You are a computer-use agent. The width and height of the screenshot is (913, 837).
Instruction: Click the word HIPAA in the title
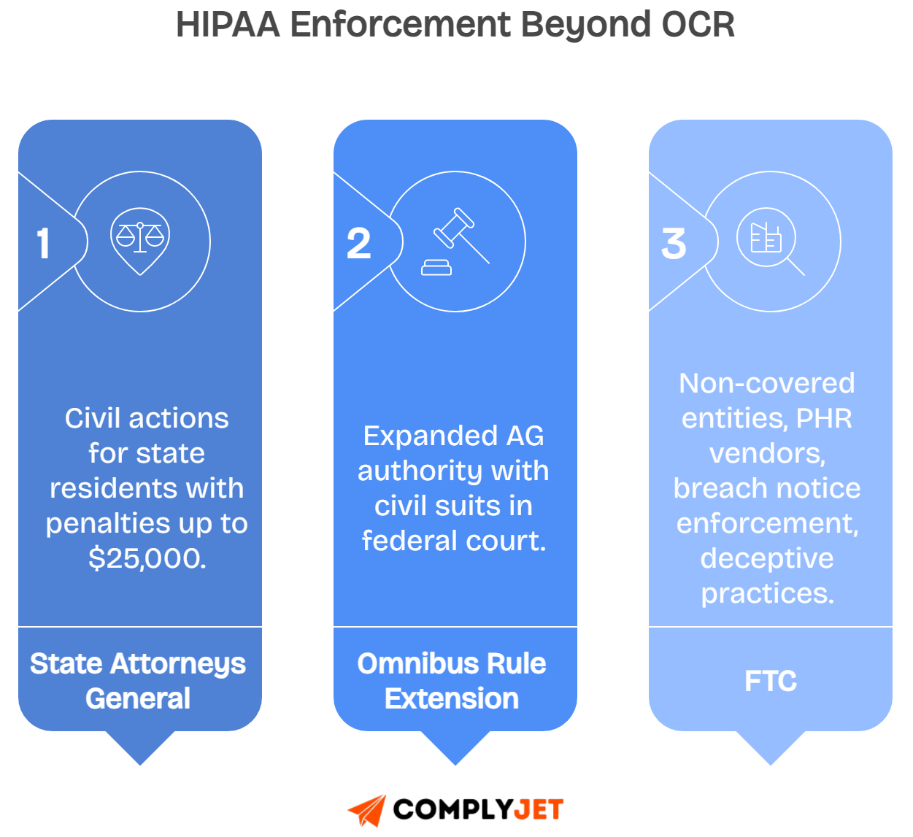(x=228, y=25)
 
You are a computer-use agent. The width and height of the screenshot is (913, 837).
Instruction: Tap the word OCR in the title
(x=698, y=25)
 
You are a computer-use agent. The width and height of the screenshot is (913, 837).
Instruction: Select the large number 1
(x=44, y=244)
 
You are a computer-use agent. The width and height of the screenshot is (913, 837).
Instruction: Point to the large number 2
(x=358, y=244)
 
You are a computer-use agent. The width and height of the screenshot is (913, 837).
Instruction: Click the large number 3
(x=674, y=244)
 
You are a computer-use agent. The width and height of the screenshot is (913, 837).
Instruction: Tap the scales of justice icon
(x=140, y=239)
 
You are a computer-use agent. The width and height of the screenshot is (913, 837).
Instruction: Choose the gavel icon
(x=455, y=242)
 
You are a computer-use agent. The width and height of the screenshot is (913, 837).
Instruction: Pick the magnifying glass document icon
(x=769, y=242)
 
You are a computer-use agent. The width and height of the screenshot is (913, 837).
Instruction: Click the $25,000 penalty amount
(x=147, y=558)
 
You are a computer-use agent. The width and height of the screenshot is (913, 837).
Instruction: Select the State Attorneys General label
(x=138, y=680)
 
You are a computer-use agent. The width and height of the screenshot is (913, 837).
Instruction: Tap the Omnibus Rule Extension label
(x=452, y=680)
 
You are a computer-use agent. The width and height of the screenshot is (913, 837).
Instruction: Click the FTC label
(x=770, y=681)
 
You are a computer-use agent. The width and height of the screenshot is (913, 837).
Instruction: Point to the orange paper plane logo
(x=367, y=810)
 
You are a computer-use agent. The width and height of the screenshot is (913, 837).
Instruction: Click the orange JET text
(x=539, y=809)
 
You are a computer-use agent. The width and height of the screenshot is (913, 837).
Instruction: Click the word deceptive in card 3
(x=766, y=558)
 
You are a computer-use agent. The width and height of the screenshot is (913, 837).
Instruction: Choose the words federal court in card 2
(x=453, y=541)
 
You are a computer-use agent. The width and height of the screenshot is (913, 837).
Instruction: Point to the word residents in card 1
(x=107, y=488)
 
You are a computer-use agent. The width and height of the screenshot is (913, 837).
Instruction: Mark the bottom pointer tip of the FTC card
(x=770, y=765)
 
